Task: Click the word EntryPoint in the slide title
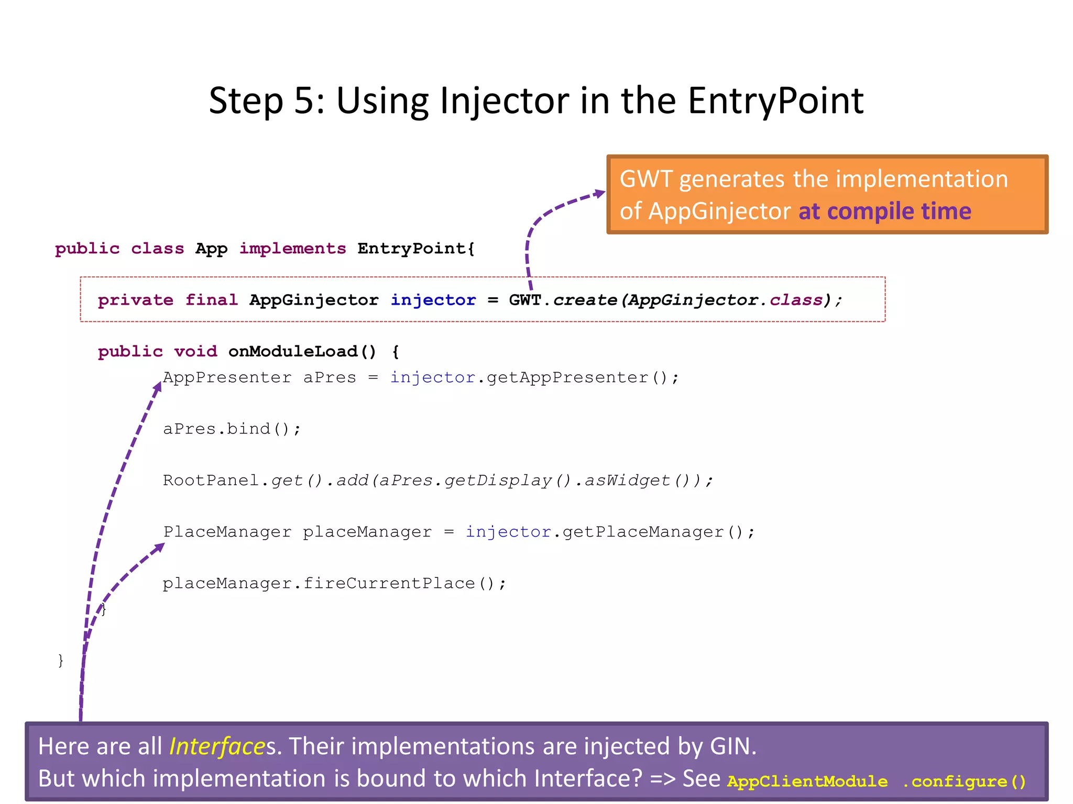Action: (775, 100)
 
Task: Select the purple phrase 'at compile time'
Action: (884, 211)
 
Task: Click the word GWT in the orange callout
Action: (645, 180)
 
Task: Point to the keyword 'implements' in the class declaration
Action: (292, 249)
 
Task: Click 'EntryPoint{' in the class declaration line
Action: (416, 249)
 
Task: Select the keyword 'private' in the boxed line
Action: (135, 300)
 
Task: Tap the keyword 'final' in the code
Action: (211, 300)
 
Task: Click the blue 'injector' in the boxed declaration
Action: (433, 300)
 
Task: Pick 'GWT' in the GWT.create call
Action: (524, 300)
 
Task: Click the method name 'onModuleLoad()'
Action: (302, 351)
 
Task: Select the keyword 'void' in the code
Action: (195, 351)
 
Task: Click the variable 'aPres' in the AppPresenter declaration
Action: (330, 377)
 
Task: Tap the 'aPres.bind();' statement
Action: (232, 429)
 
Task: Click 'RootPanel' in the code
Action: (211, 481)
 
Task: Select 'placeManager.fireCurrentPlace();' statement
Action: (334, 584)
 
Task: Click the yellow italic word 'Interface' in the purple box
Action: (217, 746)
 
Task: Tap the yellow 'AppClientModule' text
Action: (807, 781)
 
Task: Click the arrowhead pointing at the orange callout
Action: (599, 194)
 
